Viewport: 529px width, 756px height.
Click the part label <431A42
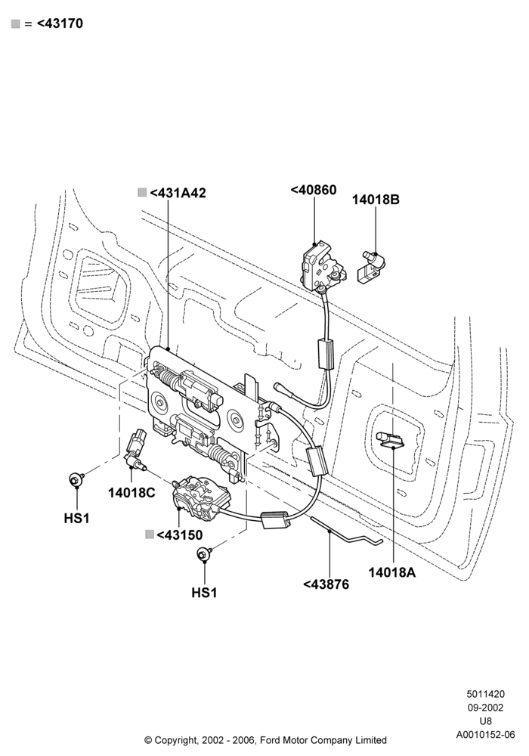pyautogui.click(x=178, y=193)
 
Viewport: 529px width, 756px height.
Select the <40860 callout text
pyautogui.click(x=314, y=190)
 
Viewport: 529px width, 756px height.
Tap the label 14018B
pyautogui.click(x=376, y=200)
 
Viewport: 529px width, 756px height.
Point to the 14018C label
pyautogui.click(x=131, y=493)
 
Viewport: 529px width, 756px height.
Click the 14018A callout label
pyautogui.click(x=392, y=572)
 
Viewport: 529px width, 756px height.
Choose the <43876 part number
pyautogui.click(x=326, y=584)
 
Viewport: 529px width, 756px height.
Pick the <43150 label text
pyautogui.click(x=180, y=535)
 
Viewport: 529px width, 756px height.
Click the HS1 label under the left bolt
pyautogui.click(x=77, y=519)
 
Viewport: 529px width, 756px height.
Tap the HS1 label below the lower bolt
pyautogui.click(x=204, y=593)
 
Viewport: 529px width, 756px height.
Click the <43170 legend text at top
pyautogui.click(x=60, y=23)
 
